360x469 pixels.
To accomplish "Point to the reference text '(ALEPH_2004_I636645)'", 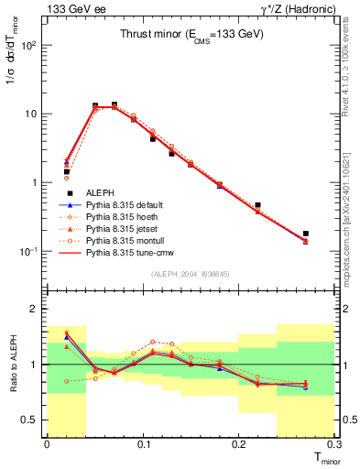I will tap(191, 275).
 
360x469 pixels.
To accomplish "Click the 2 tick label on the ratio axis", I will tap(35, 309).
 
